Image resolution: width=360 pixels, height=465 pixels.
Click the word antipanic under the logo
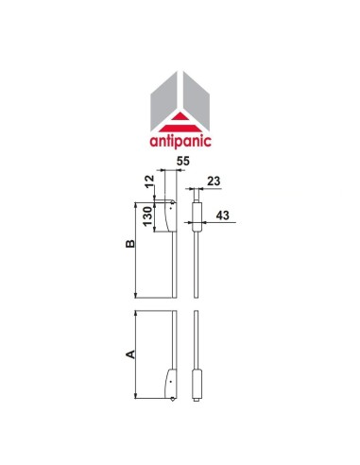(x=180, y=144)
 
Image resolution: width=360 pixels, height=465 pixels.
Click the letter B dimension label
(x=130, y=244)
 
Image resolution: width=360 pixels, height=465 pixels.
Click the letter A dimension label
(x=130, y=354)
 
